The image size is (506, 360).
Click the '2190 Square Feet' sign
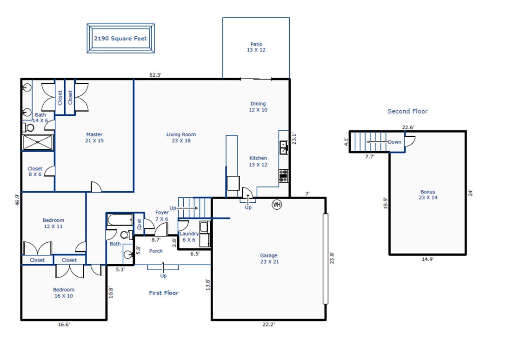121,39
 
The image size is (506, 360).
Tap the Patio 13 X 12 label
256,47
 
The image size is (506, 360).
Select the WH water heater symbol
277,204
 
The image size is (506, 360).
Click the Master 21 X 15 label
94,137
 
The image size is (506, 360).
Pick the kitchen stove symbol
284,176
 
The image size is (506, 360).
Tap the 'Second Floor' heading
407,111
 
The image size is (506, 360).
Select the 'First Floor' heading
164,293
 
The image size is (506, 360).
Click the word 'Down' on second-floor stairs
395,142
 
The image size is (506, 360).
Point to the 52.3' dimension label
155,75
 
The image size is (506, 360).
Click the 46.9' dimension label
17,199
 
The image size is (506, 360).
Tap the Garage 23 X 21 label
269,258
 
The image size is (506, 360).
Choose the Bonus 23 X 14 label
428,195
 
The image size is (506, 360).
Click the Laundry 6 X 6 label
189,237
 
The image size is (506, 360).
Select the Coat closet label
140,224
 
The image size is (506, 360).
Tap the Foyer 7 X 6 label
162,216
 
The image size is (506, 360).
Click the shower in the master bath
38,142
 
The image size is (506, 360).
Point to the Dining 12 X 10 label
258,107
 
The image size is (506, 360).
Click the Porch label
156,251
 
